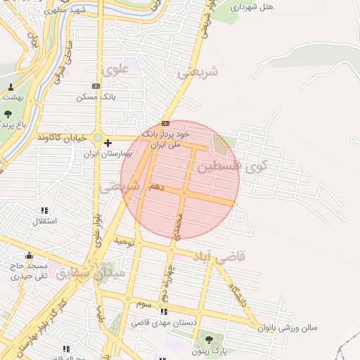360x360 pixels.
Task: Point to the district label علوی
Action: coord(115,70)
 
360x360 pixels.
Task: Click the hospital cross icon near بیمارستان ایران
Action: coord(108,143)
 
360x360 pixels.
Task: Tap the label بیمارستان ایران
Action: coord(109,153)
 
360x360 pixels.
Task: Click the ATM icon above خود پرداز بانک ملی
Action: coord(165,123)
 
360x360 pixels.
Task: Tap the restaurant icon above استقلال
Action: coord(45,210)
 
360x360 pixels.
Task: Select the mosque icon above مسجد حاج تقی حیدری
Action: coord(29,255)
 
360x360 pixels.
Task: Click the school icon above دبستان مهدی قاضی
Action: coord(164,311)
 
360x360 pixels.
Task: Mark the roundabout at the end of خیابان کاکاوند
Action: coord(98,138)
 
